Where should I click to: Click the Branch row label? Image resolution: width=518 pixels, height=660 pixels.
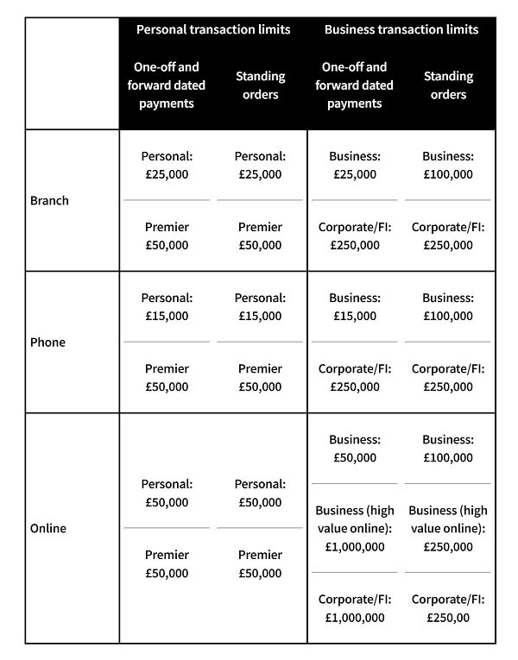tap(49, 201)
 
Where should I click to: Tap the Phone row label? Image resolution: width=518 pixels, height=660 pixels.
tap(47, 343)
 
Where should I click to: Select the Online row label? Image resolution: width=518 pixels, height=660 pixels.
tap(48, 528)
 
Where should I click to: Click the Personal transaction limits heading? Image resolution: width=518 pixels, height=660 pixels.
tap(213, 29)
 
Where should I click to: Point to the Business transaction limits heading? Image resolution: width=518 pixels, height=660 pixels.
tap(401, 29)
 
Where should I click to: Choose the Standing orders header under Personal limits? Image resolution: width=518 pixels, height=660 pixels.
tap(260, 85)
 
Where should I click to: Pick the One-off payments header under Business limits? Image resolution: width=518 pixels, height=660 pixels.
tap(354, 85)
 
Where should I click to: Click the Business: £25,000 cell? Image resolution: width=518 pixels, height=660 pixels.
tap(354, 166)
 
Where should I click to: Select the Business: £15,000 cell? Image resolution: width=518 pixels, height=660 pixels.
tap(354, 307)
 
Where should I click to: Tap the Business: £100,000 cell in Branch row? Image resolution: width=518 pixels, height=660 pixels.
tap(447, 166)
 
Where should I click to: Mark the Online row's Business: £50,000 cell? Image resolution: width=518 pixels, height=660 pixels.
tap(354, 449)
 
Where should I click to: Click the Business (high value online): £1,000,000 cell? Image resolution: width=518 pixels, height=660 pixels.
tap(354, 529)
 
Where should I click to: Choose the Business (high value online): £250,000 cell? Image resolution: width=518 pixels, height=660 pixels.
tap(447, 529)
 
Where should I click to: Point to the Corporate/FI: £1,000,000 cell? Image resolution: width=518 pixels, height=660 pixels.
tap(354, 608)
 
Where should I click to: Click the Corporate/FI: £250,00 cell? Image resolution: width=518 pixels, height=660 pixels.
tap(447, 608)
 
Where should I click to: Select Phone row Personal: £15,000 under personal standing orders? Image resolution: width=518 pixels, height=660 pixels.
tap(260, 307)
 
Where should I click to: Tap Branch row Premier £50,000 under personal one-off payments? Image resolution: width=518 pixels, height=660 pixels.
tap(167, 236)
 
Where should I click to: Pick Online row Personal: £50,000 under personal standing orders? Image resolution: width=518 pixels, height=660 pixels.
tap(260, 493)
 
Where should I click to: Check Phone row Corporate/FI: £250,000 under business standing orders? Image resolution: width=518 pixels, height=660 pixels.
tap(447, 378)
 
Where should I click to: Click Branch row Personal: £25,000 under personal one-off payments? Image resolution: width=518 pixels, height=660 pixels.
tap(167, 166)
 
